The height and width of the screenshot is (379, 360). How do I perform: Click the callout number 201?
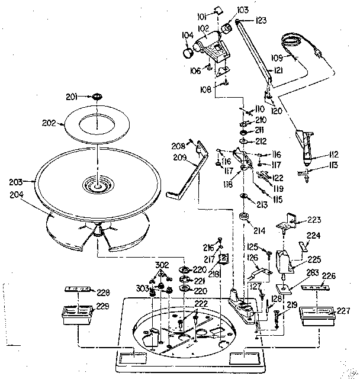(87, 97)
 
